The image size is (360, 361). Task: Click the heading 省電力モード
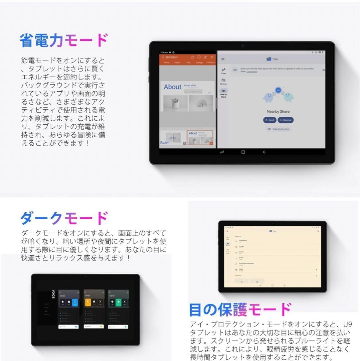(x=64, y=40)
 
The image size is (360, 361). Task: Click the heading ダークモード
(x=64, y=219)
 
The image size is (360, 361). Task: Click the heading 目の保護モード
(x=240, y=310)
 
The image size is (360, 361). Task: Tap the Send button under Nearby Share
(x=269, y=120)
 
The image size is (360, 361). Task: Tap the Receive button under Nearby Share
(x=286, y=120)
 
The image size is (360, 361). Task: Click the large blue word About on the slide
(x=172, y=87)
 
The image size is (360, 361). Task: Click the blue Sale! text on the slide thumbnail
(x=164, y=142)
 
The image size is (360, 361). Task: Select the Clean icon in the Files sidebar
(x=223, y=71)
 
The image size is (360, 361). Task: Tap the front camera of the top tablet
(x=243, y=45)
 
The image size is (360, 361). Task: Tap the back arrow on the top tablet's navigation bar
(x=264, y=152)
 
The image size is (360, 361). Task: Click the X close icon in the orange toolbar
(x=212, y=57)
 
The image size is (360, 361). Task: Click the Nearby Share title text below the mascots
(x=278, y=112)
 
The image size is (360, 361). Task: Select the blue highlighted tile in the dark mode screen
(x=75, y=303)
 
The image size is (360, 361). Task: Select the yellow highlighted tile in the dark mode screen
(x=88, y=303)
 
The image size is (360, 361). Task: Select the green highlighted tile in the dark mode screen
(x=118, y=303)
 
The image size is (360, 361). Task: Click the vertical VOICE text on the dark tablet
(x=53, y=294)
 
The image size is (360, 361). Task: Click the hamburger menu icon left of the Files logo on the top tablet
(x=223, y=59)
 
